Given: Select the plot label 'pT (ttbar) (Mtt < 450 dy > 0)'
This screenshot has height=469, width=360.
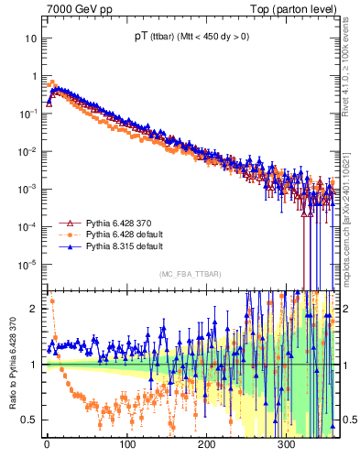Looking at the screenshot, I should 191,37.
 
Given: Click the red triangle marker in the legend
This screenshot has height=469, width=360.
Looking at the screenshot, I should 67,223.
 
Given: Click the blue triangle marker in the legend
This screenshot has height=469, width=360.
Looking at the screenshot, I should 67,246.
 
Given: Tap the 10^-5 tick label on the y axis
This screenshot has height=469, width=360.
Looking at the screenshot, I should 27,264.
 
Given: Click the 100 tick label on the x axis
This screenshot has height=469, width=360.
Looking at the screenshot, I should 126,445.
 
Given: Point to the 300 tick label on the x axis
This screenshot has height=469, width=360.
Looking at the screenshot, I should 287,445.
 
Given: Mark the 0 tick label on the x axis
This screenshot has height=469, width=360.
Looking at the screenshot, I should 47,445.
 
